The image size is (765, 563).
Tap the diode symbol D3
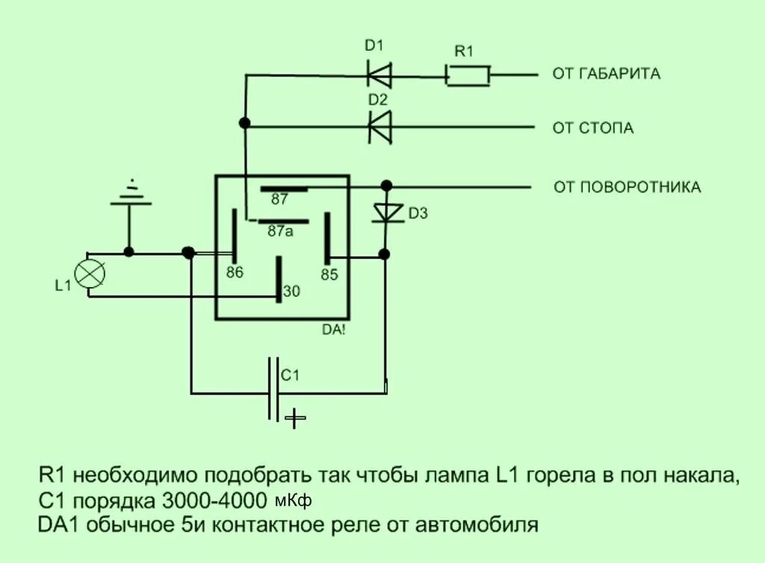coord(386,212)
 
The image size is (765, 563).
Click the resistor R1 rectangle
coord(468,75)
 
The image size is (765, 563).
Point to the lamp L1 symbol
coord(91,273)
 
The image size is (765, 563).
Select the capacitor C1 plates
coord(274,390)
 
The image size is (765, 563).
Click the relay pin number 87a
coord(280,232)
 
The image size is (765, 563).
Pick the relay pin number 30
coord(291,292)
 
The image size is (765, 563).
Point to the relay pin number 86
coord(235,273)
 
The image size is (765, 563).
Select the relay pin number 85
coord(329,274)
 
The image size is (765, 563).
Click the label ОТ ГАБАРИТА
coord(606,74)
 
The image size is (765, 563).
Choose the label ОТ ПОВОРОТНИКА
coord(627,187)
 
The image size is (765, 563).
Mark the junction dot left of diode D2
coord(244,123)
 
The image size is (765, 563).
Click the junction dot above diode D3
coord(385,185)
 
